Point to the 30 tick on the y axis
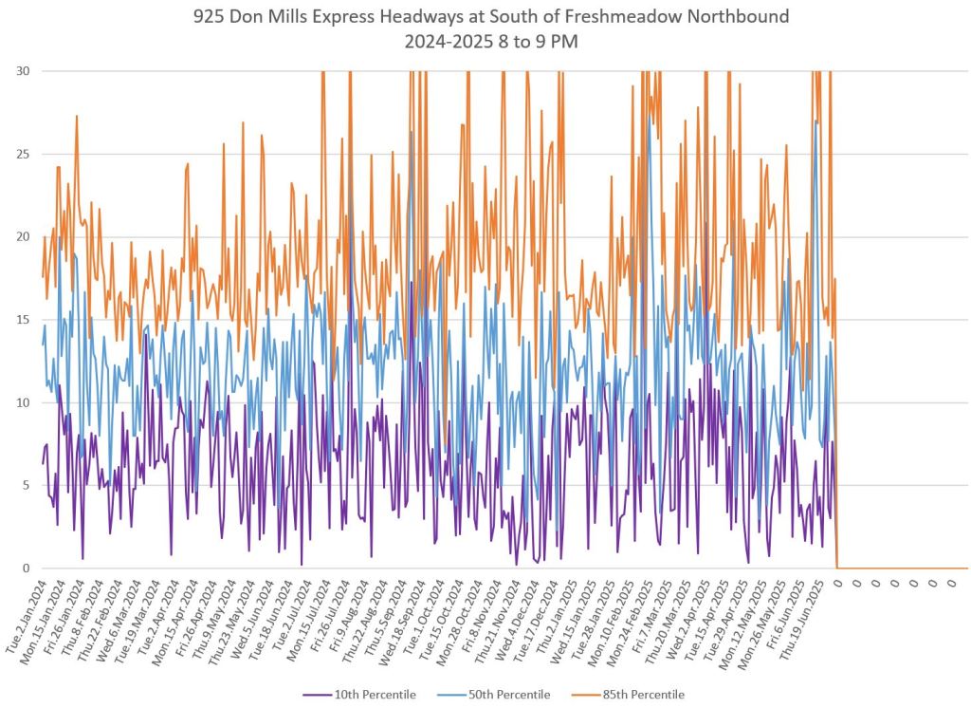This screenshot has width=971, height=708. [20, 71]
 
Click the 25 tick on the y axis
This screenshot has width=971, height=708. [20, 154]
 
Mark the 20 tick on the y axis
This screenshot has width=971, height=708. [20, 236]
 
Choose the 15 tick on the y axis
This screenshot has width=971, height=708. [20, 320]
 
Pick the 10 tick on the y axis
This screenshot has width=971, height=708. [20, 402]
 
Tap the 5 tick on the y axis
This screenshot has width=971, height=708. [24, 485]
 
